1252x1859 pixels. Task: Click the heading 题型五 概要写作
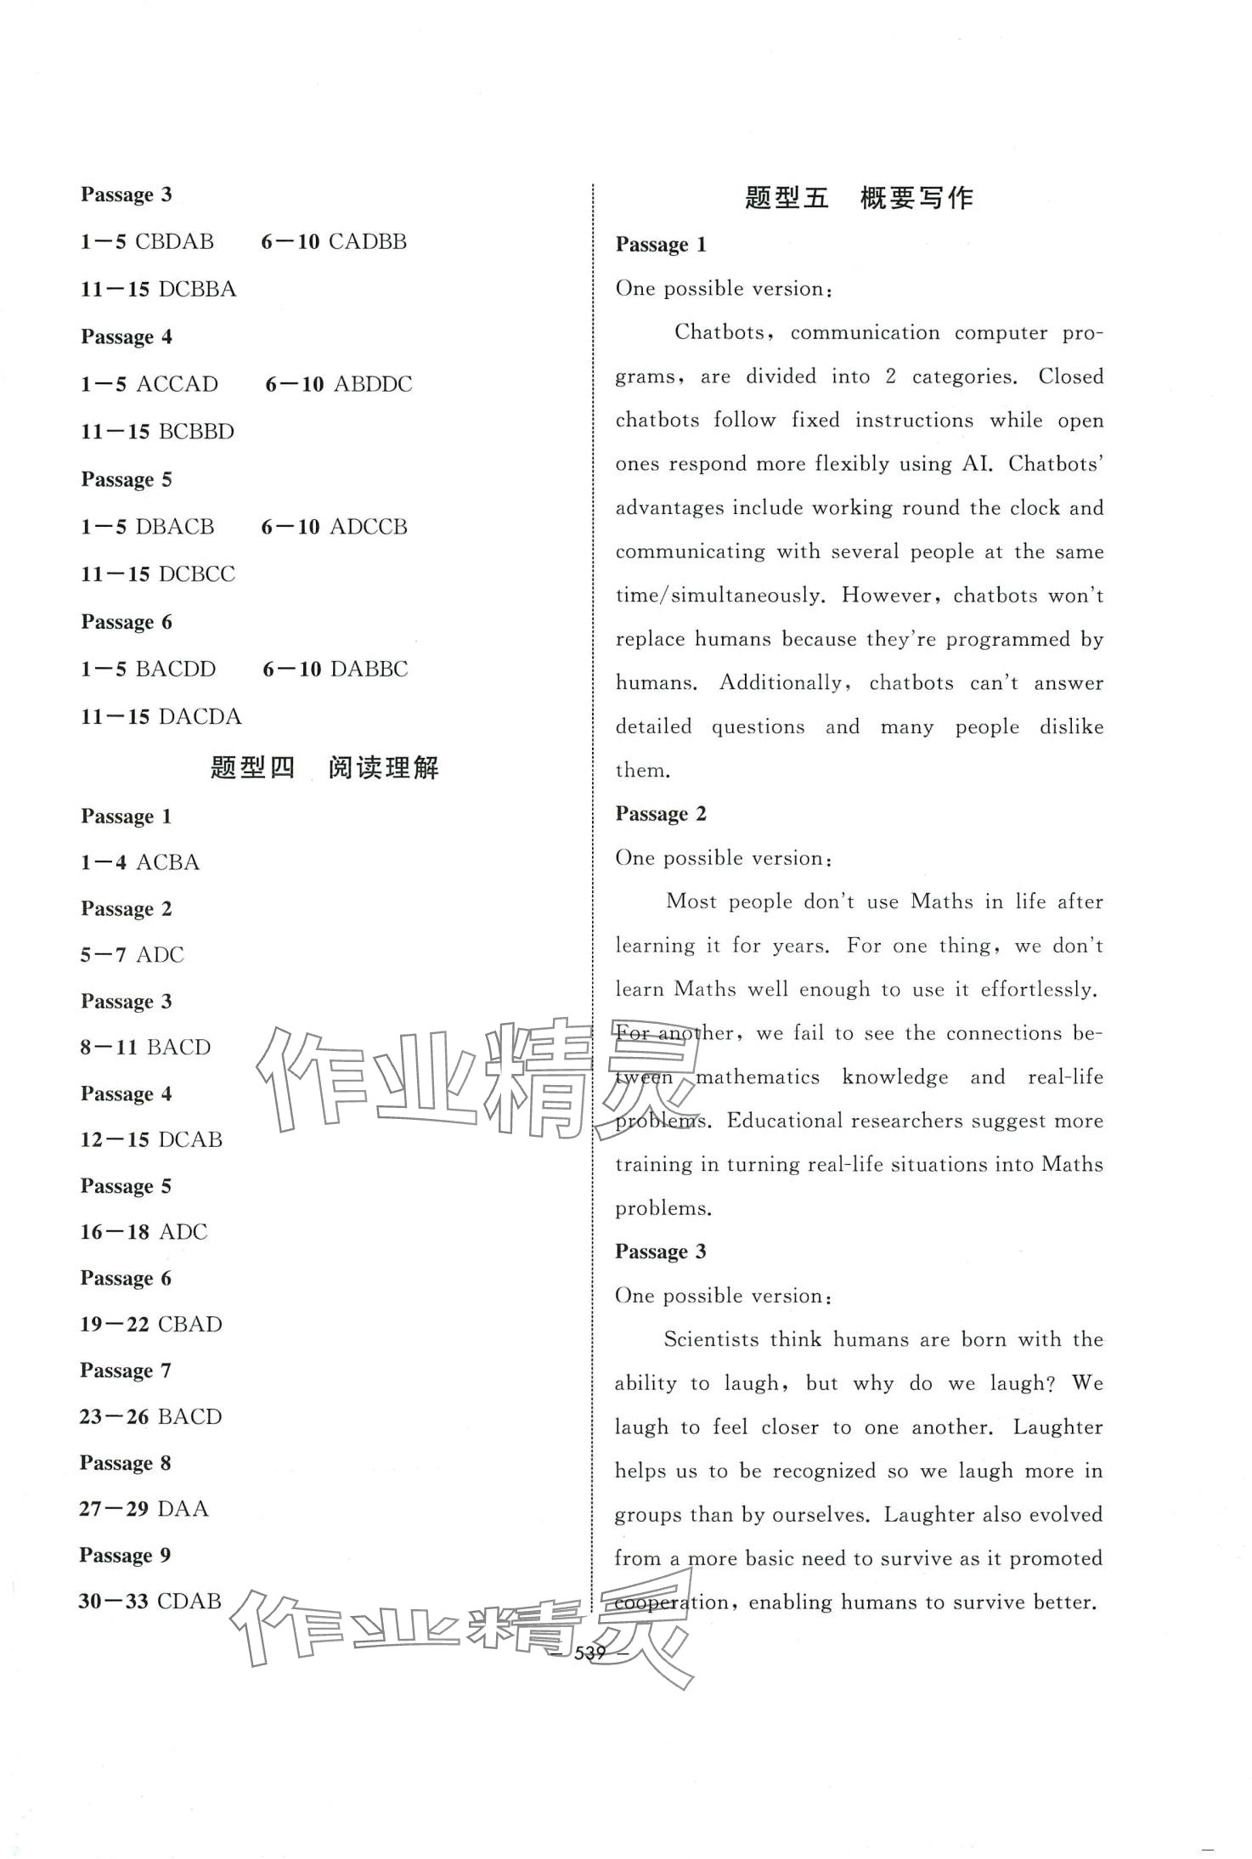coord(859,198)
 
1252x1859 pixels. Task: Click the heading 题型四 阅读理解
coord(324,768)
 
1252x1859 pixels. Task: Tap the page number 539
coord(589,1653)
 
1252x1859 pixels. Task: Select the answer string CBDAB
coord(174,241)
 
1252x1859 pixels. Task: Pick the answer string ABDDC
coord(373,384)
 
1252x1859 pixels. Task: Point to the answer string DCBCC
coord(196,574)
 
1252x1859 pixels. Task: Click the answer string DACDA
coord(200,717)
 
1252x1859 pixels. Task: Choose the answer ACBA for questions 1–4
coord(168,862)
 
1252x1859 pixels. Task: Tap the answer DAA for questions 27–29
coord(183,1509)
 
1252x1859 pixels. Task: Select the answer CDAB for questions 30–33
coord(189,1602)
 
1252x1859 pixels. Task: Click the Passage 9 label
coord(125,1556)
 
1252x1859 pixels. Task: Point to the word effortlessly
coord(1039,990)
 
